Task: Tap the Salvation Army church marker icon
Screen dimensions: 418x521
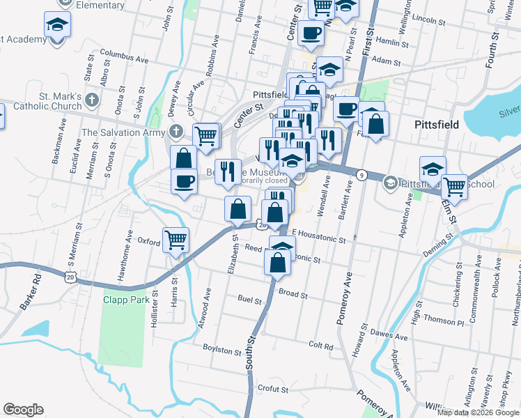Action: (x=178, y=132)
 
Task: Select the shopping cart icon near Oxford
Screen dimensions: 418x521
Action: (x=176, y=240)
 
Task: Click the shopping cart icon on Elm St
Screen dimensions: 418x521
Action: (x=454, y=186)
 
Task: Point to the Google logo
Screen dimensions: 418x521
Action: (x=23, y=410)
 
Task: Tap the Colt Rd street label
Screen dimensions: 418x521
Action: (x=321, y=346)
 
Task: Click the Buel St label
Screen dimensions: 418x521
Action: (x=249, y=300)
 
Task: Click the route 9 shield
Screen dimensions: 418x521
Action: (x=361, y=173)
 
